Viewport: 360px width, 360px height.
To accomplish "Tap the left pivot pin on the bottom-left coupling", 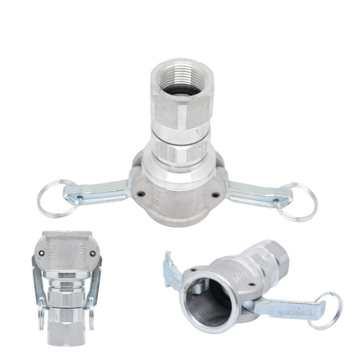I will [42, 252].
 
